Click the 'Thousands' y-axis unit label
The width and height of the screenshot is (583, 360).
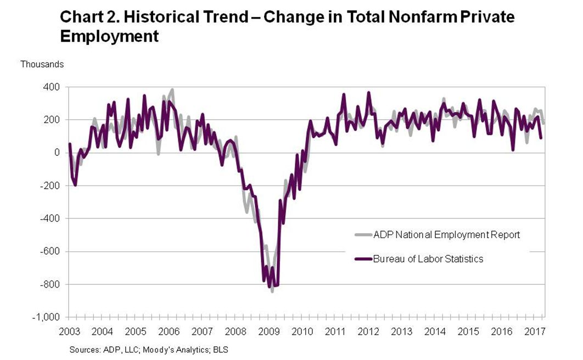(42, 64)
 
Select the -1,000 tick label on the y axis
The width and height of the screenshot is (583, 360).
(49, 318)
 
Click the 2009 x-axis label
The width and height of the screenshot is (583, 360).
(268, 332)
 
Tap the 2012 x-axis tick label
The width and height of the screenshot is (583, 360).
(368, 332)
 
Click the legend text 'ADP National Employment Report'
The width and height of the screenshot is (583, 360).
(446, 235)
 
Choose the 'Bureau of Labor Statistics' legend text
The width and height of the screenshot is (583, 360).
(428, 258)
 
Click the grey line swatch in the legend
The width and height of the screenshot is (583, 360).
(363, 235)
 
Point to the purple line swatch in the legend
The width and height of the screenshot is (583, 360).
(363, 258)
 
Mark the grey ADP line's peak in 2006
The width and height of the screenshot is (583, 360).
(172, 89)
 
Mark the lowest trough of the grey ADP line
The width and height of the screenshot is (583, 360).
(272, 291)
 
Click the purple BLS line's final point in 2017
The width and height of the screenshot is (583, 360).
(541, 138)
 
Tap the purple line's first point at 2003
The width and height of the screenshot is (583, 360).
(70, 144)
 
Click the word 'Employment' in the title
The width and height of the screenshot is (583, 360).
(109, 36)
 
